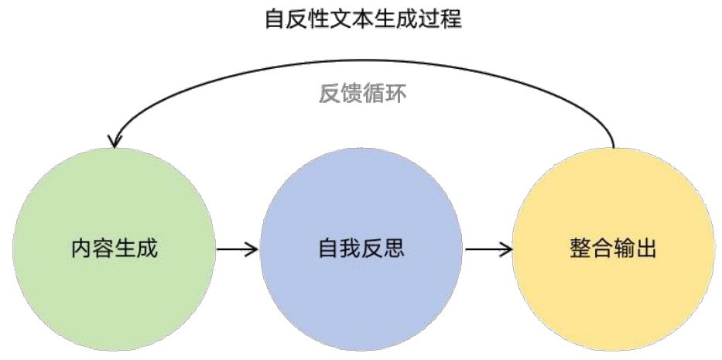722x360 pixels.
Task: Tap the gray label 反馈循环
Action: click(362, 94)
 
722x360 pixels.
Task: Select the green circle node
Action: click(114, 249)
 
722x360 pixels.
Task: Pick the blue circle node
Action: click(361, 249)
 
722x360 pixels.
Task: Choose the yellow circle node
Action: click(611, 249)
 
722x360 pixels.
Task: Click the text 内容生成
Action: click(114, 249)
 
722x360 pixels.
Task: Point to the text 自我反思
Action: click(361, 249)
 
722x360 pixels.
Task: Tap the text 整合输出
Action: click(611, 251)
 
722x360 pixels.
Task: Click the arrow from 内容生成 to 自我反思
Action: click(237, 249)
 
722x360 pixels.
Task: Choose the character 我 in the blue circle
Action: click(351, 249)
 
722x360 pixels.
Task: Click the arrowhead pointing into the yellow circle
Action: click(507, 249)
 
